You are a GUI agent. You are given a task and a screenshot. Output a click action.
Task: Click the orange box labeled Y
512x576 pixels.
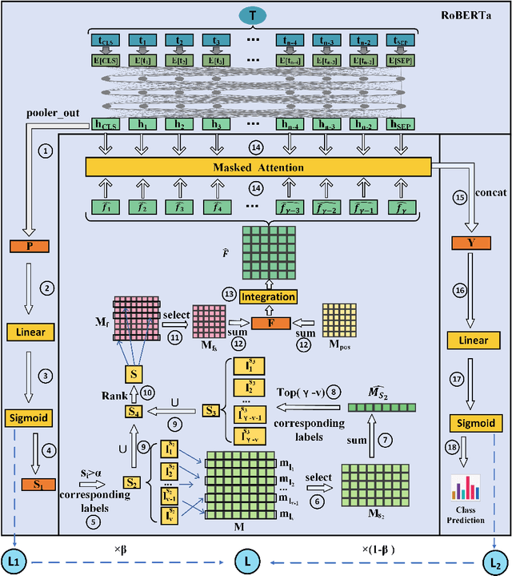(x=472, y=244)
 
